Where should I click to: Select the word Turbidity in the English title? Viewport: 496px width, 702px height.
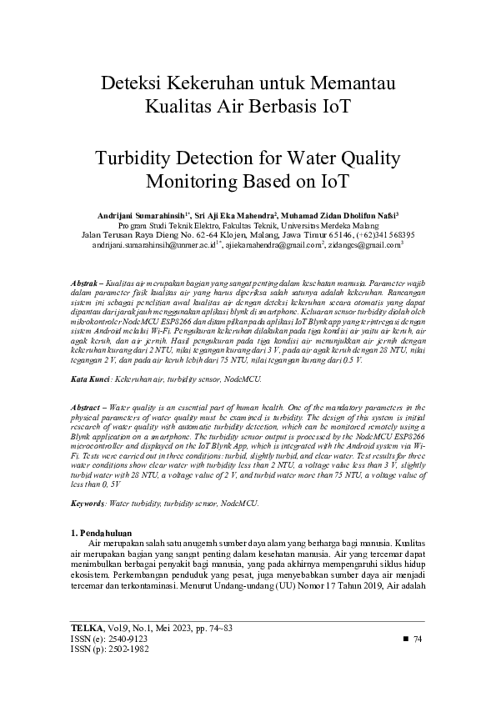click(x=133, y=158)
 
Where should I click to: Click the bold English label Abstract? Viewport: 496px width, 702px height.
click(x=87, y=405)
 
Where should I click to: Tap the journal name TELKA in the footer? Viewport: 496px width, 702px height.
click(x=86, y=627)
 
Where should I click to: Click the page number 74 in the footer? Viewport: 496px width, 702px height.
click(x=418, y=639)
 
